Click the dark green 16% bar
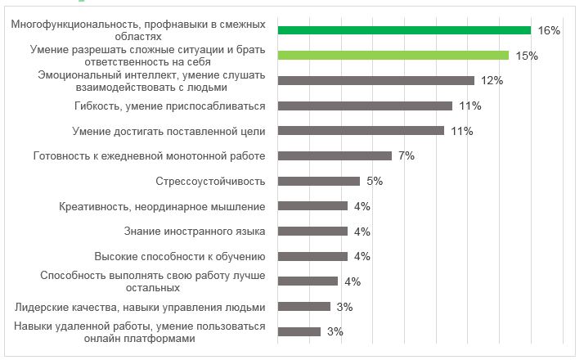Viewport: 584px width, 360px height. click(x=404, y=30)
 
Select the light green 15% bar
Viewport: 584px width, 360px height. click(x=393, y=56)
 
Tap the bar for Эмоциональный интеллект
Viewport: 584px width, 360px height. click(x=375, y=81)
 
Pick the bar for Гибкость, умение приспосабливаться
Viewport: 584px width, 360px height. click(x=365, y=106)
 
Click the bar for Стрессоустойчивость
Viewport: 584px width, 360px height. click(x=319, y=181)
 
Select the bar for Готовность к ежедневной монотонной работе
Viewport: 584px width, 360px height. click(x=335, y=155)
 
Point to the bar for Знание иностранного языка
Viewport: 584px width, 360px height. click(x=312, y=232)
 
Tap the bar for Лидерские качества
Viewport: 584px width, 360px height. click(x=304, y=307)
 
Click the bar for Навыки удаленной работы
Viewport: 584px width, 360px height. click(x=299, y=331)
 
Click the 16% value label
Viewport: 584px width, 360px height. click(x=549, y=30)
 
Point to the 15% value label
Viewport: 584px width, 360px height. click(x=527, y=56)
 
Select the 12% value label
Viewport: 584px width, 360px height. click(x=492, y=81)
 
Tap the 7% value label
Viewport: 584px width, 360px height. click(x=407, y=155)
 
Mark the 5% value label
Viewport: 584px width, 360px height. click(x=375, y=181)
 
